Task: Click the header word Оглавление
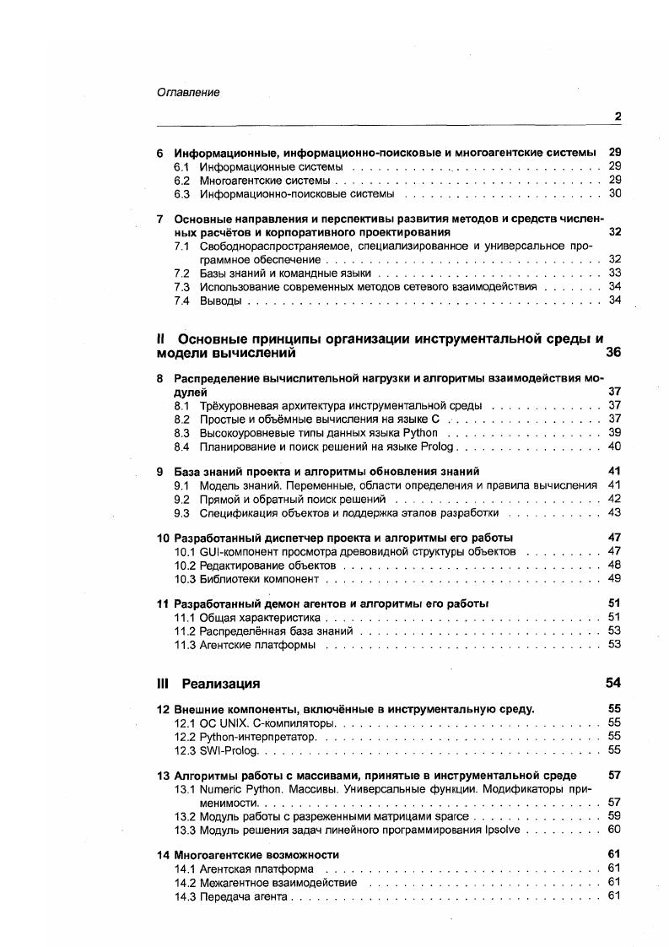coord(188,93)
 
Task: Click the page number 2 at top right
coord(618,116)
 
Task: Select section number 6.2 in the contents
coord(182,181)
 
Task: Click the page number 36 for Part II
coord(613,353)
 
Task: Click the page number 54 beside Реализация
coord(613,683)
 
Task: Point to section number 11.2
coord(184,630)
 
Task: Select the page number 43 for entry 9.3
coord(614,512)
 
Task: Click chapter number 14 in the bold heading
coord(163,855)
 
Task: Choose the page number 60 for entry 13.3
coord(614,830)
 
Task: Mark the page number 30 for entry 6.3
coord(615,194)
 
